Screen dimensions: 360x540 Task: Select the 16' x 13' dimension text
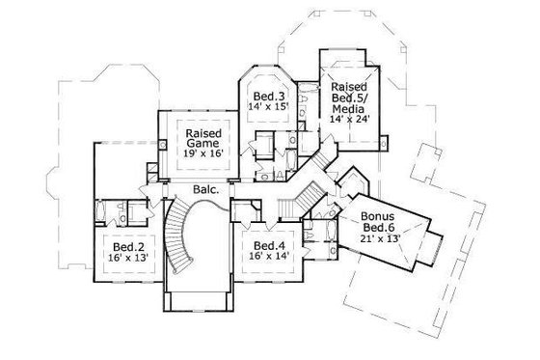coord(122,260)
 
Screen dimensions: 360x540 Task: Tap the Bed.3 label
coord(269,97)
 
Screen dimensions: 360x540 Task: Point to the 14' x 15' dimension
coord(269,109)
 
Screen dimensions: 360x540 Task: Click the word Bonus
coord(377,216)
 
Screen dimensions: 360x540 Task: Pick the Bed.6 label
coord(377,228)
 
